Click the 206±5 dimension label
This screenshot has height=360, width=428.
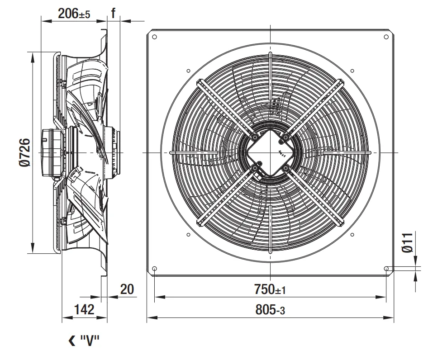[74, 14]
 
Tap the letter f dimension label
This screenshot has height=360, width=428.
[113, 13]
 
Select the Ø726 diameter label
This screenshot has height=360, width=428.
[24, 152]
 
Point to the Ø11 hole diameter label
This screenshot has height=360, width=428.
[408, 243]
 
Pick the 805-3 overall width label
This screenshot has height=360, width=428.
[270, 310]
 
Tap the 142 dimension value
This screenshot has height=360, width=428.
[84, 309]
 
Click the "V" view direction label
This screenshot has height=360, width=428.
[90, 340]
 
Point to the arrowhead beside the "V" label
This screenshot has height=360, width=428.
[72, 341]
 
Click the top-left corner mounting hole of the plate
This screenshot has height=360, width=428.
[154, 37]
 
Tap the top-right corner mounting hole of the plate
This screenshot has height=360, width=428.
[386, 37]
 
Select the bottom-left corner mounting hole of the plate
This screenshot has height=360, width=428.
[154, 269]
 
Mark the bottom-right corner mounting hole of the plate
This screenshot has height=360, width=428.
[386, 269]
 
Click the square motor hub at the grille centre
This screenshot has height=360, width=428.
[270, 153]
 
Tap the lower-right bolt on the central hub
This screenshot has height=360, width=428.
[285, 168]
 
